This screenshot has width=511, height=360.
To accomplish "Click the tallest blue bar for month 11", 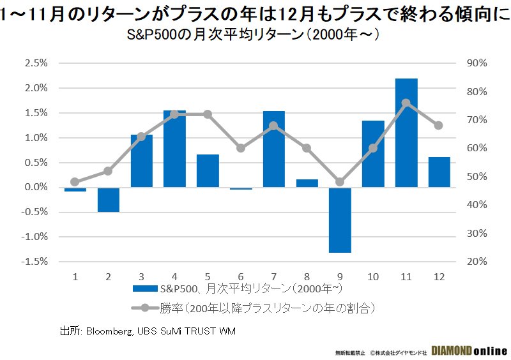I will pos(406,133).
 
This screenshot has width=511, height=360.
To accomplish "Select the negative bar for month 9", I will pos(340,220).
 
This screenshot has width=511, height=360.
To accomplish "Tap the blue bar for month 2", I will pos(109,199).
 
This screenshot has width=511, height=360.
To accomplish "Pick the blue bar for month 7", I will pos(274,149).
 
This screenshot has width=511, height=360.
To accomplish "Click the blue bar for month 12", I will pos(439,172).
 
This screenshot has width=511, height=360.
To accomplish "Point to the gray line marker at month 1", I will pos(75,182).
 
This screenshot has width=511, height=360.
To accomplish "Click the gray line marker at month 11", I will pos(406,103).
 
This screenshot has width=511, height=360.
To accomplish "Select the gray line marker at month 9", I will pos(340,182).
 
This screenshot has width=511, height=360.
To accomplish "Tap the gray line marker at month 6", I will pos(241,148).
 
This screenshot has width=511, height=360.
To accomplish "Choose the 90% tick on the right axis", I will pos(477,63).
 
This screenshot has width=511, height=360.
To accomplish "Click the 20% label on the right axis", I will pos(477,262).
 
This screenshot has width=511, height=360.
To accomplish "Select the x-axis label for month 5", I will pos(208,276).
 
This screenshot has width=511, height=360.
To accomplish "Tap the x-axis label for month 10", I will pos(373,276).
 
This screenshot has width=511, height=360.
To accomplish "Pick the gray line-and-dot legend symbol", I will pos(144,308).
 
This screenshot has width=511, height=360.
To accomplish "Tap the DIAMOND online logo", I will pos(469,351).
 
